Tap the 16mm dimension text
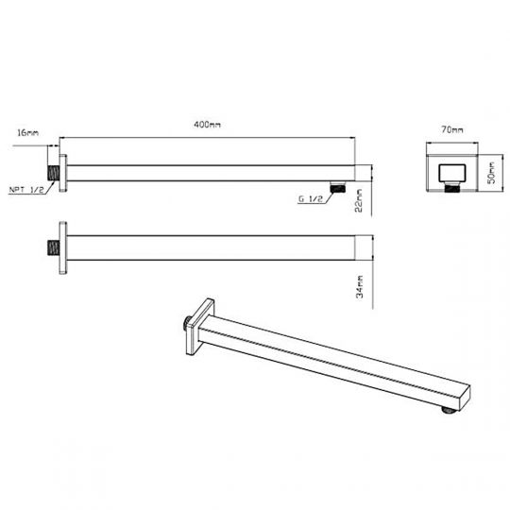click(x=28, y=134)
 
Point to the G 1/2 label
click(x=311, y=199)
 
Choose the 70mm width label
click(x=452, y=128)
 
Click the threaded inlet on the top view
click(x=53, y=174)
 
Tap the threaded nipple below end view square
click(x=452, y=192)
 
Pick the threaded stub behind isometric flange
click(x=183, y=327)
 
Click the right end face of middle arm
click(x=364, y=248)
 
